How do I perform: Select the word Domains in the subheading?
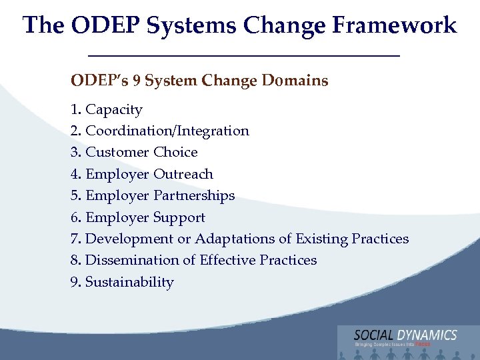pos(295,81)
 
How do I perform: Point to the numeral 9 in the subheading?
pos(136,81)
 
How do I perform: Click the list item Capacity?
pos(114,110)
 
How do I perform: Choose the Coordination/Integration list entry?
pos(167,131)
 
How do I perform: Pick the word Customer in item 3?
pos(117,153)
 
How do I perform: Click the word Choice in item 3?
pos(175,153)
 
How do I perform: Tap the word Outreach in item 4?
pos(183,175)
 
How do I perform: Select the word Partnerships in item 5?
pos(194,196)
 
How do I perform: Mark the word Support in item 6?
pos(179,218)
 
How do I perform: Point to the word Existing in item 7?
pos(321,239)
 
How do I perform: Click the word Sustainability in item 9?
pos(129,282)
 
